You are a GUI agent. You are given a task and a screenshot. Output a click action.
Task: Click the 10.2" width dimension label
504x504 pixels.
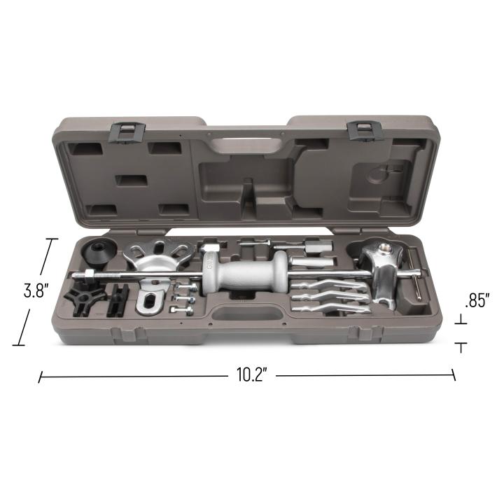[x=252, y=374]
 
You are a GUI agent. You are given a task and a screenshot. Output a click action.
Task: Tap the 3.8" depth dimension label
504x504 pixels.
[x=36, y=291]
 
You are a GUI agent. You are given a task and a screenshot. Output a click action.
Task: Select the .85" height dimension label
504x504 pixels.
[x=477, y=301]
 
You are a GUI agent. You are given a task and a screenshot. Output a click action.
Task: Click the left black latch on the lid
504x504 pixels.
[x=127, y=132]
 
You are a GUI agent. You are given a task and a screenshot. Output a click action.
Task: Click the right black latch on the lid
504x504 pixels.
[x=365, y=130]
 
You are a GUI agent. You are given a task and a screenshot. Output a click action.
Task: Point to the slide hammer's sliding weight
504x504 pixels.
[x=245, y=273]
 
